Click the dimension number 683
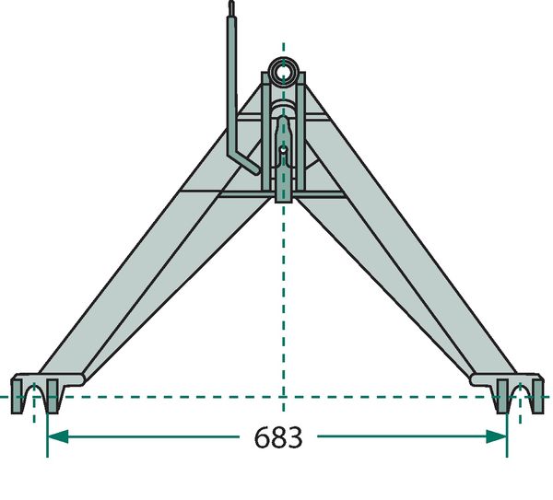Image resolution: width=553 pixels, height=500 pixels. [278, 437]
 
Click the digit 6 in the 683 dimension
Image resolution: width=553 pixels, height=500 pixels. [262, 437]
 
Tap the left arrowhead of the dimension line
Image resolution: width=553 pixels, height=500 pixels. [58, 436]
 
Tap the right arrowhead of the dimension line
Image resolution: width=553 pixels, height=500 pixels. [497, 436]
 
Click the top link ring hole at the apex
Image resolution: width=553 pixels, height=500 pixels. [283, 72]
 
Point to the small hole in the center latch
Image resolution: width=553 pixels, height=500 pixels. [283, 150]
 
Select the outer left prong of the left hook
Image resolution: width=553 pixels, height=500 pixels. [17, 396]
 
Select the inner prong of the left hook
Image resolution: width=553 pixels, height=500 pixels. [53, 396]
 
